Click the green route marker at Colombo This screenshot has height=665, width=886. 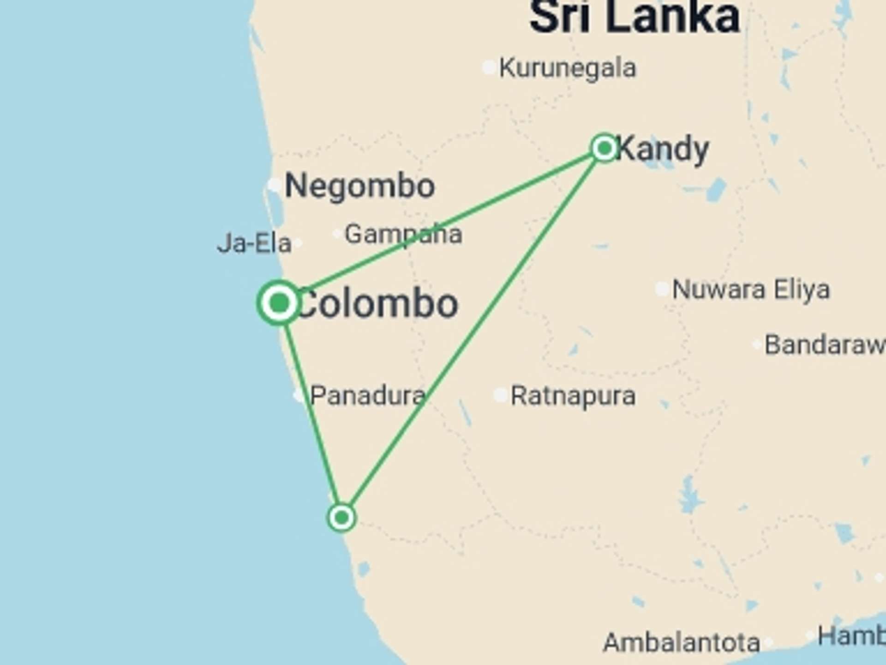[x=279, y=303]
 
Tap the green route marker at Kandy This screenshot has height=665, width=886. [x=604, y=148]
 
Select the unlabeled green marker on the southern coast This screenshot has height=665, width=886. [x=341, y=517]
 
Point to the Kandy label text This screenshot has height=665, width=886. [x=663, y=149]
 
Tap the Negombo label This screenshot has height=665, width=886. [x=360, y=186]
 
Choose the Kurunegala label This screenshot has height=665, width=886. [x=568, y=68]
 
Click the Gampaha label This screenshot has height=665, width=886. [x=403, y=234]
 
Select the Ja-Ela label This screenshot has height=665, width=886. [x=254, y=243]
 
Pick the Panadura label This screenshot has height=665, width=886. [x=368, y=396]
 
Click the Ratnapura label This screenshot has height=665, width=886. [x=573, y=396]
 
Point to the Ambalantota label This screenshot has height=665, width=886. [x=682, y=642]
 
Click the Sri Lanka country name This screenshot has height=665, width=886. [x=635, y=18]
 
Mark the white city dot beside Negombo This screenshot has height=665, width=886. [x=275, y=185]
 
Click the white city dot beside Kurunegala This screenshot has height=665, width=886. [x=489, y=67]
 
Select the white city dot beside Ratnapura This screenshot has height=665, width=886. [x=501, y=395]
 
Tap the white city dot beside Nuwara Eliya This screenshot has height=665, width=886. [x=662, y=290]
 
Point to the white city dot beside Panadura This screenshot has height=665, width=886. [x=299, y=396]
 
